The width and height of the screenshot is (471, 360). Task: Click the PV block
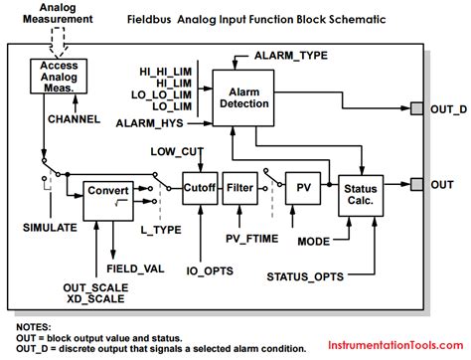[300, 184]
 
